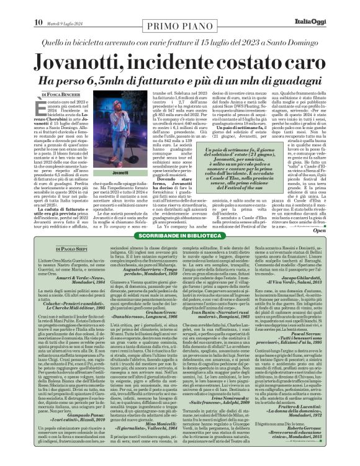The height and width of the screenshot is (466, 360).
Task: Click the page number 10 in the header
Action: pos(11,7)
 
